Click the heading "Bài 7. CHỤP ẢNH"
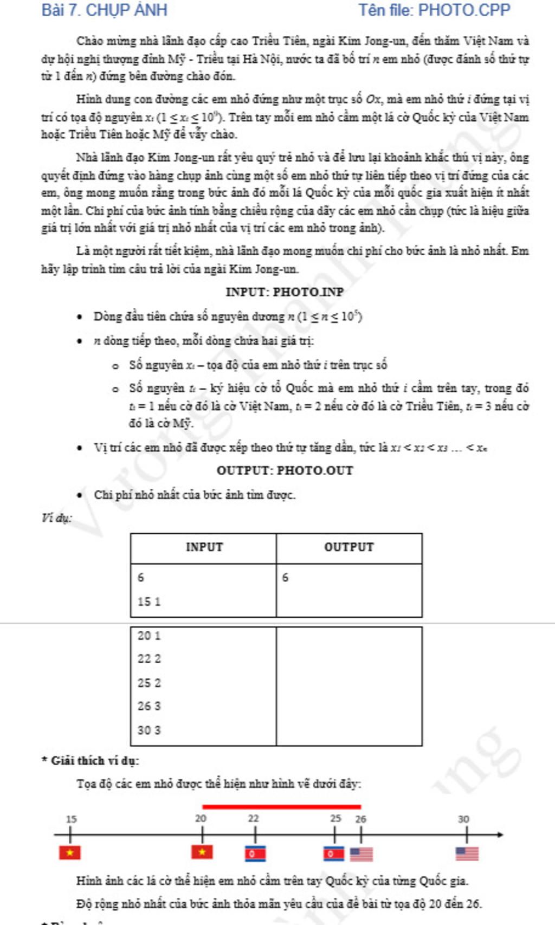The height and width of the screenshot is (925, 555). [x=104, y=10]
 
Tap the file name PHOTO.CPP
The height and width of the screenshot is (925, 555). [x=464, y=10]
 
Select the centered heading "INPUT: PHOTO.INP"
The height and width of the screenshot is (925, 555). [x=285, y=292]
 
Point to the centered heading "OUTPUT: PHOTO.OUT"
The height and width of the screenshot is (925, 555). [x=285, y=470]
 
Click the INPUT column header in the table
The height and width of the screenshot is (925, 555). [x=204, y=547]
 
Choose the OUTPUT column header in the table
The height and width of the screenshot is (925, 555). [x=349, y=547]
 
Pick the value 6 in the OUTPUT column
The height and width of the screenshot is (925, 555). [x=286, y=578]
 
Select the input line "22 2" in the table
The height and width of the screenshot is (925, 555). [x=149, y=659]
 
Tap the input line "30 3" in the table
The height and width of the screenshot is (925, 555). [x=149, y=730]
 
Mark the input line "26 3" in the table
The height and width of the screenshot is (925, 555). [x=149, y=706]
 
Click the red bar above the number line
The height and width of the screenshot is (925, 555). [x=281, y=807]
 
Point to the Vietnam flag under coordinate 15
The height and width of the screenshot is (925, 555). [x=70, y=852]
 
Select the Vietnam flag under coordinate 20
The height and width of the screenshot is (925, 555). [x=202, y=852]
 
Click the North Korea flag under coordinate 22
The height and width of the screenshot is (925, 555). [x=255, y=854]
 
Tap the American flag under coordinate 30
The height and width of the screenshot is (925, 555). [x=467, y=853]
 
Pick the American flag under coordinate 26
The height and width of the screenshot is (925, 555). [x=361, y=854]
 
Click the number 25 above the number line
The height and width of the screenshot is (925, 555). [x=336, y=818]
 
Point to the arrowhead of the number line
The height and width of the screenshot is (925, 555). [x=500, y=835]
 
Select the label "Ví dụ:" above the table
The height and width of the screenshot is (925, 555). [x=56, y=518]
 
